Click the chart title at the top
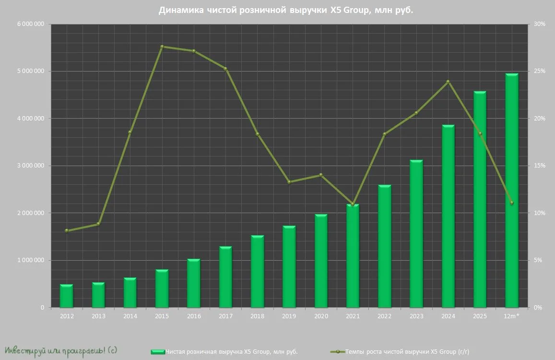(285, 10)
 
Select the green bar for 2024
(448, 216)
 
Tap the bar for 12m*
(512, 190)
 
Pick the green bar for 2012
(67, 296)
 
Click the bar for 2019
(289, 266)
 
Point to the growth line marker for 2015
(162, 47)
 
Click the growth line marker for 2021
(353, 204)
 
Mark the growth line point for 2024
(448, 82)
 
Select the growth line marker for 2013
(98, 224)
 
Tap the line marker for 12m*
(512, 203)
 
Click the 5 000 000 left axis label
(31, 71)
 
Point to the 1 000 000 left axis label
(31, 260)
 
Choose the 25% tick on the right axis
(540, 71)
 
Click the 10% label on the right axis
(540, 213)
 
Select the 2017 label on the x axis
(225, 316)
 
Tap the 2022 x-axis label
(384, 316)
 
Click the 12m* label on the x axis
(511, 316)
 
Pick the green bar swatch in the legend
(158, 352)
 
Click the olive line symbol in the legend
(337, 352)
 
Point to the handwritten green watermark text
(60, 351)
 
